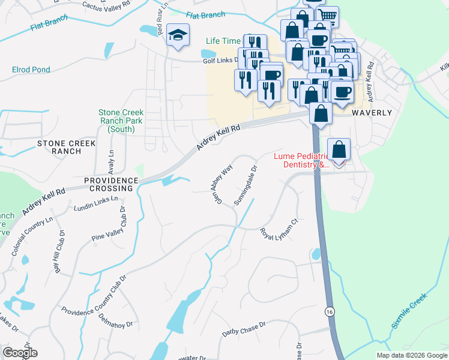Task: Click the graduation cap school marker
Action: coord(178,35)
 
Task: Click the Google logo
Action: coord(20,353)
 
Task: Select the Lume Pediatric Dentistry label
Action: coord(302,160)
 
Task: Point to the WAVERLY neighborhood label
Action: coord(372,113)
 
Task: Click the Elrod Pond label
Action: coord(31,70)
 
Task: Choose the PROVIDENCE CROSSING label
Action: coord(108,184)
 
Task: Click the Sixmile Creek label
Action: coord(409,311)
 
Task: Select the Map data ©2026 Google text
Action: coord(412,355)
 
